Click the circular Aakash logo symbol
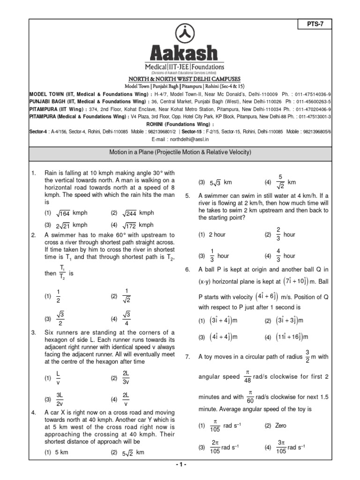[180, 32]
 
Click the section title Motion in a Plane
[180, 153]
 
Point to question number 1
[33, 173]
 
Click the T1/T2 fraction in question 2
[62, 273]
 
